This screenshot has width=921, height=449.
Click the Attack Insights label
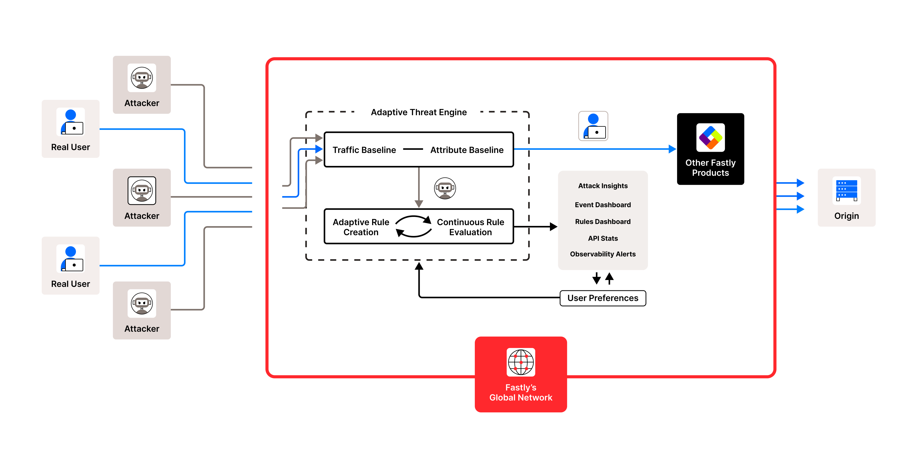coord(602,186)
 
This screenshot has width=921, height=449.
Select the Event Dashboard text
coord(602,205)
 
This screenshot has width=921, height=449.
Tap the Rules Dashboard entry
coord(602,222)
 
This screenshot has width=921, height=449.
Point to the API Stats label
coord(602,238)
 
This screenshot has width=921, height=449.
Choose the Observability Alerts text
coord(602,254)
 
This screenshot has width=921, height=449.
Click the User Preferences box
coord(602,298)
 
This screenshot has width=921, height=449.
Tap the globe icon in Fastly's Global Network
coord(521,362)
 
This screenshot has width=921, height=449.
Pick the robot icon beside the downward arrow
coord(444,188)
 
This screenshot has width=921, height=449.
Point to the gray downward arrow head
coord(419,204)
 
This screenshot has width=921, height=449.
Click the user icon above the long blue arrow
coord(593,126)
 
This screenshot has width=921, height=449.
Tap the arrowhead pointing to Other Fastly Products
coord(672,149)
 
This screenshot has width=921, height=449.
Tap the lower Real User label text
coord(71,284)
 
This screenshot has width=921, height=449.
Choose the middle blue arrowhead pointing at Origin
coord(800,196)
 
